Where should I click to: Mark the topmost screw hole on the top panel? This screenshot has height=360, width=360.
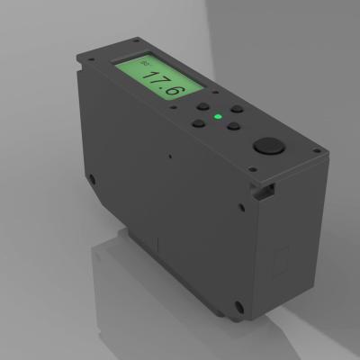(x=136, y=40)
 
